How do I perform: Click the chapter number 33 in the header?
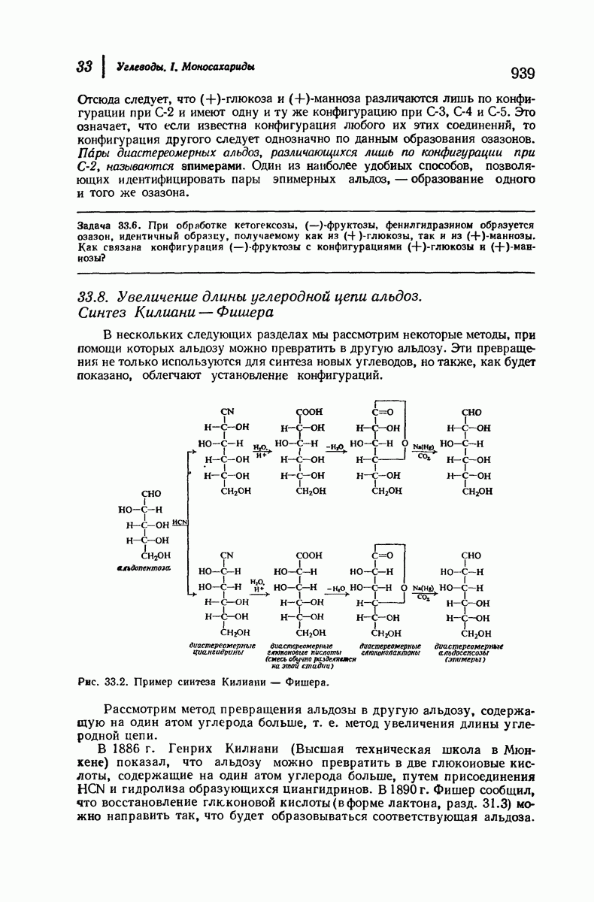(84, 67)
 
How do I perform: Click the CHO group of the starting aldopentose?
(151, 494)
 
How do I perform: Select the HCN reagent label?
(179, 522)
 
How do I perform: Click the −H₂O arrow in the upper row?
(335, 446)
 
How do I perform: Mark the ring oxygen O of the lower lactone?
(405, 587)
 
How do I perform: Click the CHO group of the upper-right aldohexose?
(471, 412)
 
